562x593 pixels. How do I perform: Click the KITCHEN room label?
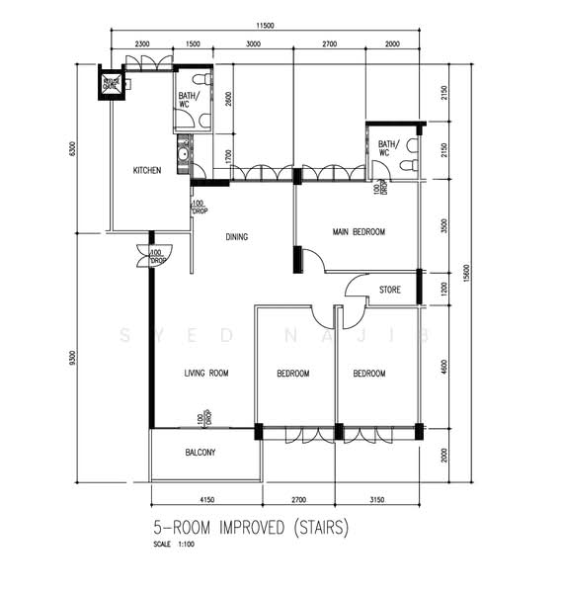(x=147, y=171)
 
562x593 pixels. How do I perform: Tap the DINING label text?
(x=236, y=237)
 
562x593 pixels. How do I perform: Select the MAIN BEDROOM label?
(x=359, y=232)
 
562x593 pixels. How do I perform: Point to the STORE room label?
(x=390, y=291)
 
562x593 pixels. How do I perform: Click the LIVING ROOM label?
(x=206, y=374)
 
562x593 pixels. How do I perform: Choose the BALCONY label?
(x=201, y=453)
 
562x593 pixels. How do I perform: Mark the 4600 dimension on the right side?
(x=445, y=367)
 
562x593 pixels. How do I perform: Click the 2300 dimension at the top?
(x=142, y=44)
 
